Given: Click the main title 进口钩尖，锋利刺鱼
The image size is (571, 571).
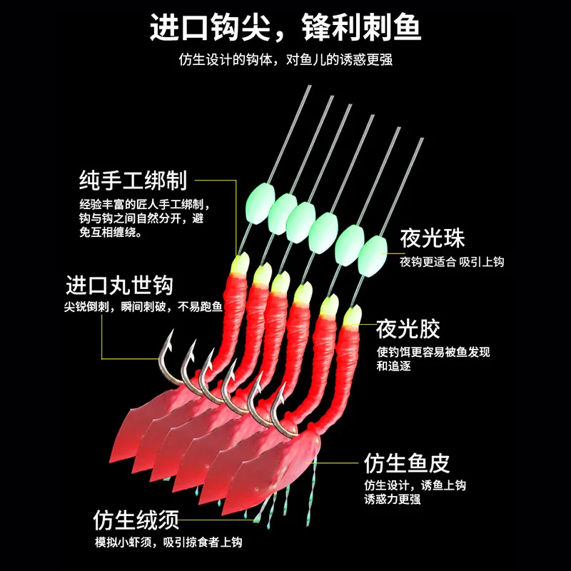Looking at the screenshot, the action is coord(285,28).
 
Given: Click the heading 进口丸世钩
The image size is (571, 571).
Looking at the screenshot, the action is coord(119,285).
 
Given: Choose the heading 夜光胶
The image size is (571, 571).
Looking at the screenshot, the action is coord(408,330).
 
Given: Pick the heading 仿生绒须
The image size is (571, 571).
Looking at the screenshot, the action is coord(136,518).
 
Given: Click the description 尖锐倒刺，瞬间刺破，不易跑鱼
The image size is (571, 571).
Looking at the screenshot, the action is coord(142,308).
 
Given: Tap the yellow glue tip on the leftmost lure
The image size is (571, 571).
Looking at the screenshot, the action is coord(240,265).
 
